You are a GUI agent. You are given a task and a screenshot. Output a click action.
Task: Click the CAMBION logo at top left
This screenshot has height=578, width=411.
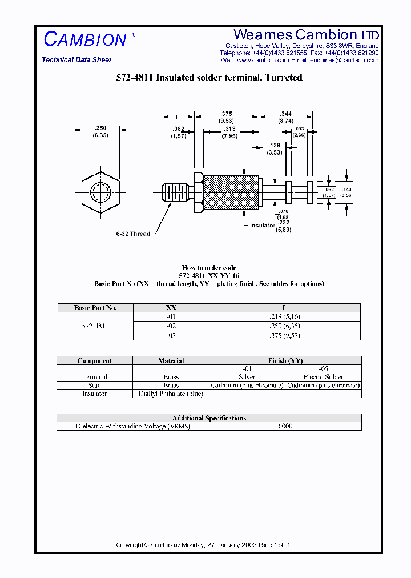[86, 39]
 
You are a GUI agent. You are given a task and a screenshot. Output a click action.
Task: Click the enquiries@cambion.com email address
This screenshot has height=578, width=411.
[344, 60]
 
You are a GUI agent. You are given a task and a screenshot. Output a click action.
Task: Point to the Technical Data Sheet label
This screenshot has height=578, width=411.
[76, 60]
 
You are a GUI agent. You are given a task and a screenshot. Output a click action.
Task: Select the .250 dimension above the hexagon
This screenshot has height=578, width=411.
[100, 129]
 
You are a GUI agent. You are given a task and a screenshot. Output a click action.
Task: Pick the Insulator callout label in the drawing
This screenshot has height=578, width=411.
[262, 226]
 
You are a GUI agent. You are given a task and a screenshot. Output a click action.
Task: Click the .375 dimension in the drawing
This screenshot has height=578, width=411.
[226, 114]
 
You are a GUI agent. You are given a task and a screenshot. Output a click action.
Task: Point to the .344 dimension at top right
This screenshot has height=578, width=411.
[286, 114]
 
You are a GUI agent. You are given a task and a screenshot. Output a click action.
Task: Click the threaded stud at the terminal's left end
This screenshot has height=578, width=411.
[174, 192]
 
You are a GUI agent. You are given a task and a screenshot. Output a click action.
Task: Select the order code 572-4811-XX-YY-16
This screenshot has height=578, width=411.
[209, 276]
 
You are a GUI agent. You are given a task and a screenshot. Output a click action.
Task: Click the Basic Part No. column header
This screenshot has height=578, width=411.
[95, 307]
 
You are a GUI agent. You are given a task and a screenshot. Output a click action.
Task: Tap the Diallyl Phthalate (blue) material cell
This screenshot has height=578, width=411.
[171, 394]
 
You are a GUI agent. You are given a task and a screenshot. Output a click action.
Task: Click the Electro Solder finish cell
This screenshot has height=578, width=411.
[323, 377]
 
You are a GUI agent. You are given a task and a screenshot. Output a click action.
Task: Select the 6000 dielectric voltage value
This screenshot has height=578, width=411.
[285, 426]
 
